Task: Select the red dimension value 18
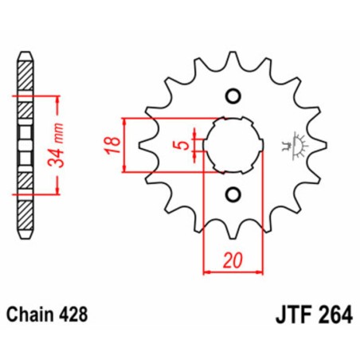(114, 144)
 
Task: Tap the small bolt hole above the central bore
(233, 97)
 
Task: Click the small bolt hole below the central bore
(233, 193)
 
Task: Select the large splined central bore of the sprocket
(233, 145)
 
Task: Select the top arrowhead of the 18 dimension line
(126, 120)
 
